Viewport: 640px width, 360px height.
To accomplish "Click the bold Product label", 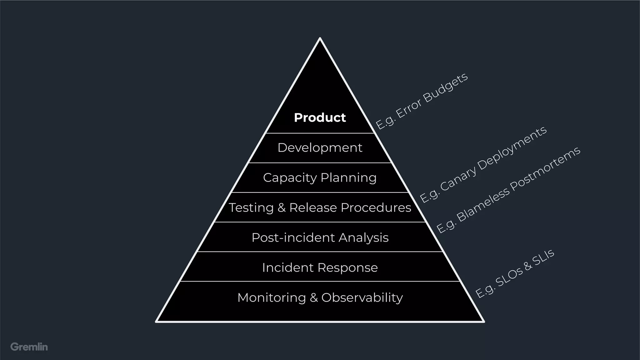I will point(320,118).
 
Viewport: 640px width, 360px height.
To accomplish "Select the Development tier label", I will point(320,147).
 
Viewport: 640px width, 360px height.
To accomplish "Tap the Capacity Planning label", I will point(320,177).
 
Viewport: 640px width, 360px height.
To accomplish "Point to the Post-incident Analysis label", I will point(320,237).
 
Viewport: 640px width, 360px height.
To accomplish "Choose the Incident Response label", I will point(320,267).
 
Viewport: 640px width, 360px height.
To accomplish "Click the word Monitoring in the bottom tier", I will point(272,297).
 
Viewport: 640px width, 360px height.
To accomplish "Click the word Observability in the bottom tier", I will point(362,297).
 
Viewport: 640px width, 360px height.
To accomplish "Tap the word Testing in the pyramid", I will point(251,207).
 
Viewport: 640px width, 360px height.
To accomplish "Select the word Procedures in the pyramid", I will point(376,207).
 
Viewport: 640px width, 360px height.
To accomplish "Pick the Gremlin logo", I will point(29,347).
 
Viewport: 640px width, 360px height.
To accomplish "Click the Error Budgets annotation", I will point(422,101).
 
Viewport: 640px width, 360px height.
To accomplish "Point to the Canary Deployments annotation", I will point(483,164).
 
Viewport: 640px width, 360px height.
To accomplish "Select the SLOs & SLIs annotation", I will point(515,273).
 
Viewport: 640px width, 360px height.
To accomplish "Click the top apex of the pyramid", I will point(320,38).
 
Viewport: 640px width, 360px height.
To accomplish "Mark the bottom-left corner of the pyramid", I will point(157,321).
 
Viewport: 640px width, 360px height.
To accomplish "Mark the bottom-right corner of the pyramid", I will point(483,321).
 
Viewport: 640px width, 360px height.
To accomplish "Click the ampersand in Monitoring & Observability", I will point(314,297).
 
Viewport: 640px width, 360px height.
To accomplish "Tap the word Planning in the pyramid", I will point(348,177).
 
